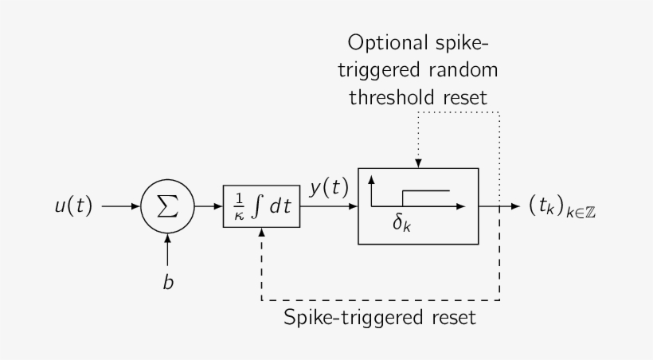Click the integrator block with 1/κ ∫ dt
pyautogui.click(x=261, y=205)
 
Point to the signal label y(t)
pyautogui.click(x=329, y=188)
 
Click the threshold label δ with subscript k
pyautogui.click(x=403, y=224)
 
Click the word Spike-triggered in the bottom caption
pyautogui.click(x=350, y=319)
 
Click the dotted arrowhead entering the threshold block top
pyautogui.click(x=419, y=163)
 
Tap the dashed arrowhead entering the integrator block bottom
pyautogui.click(x=261, y=232)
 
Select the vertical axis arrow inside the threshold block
pyautogui.click(x=372, y=191)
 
